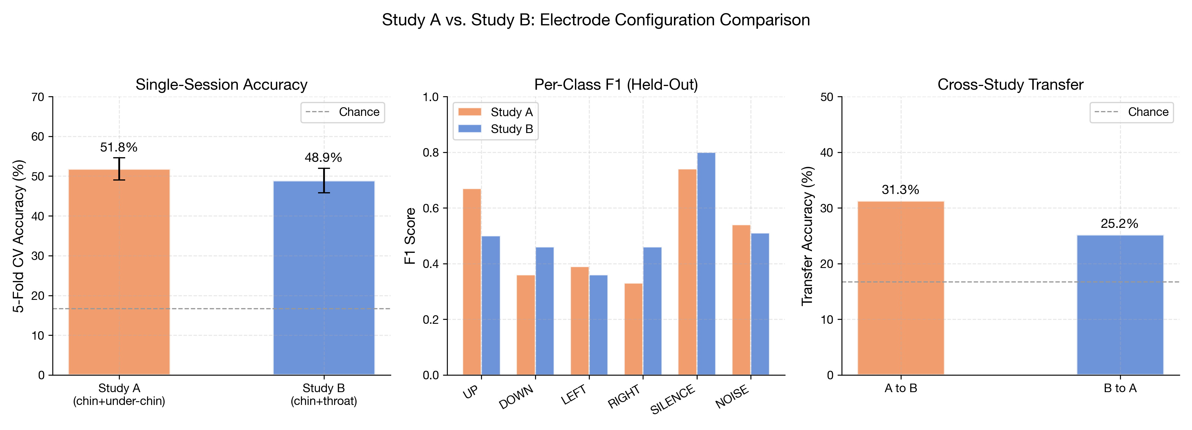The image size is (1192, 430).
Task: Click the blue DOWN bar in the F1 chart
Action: (544, 310)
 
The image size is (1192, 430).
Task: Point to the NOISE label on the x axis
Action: (732, 397)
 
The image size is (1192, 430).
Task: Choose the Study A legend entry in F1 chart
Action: (495, 112)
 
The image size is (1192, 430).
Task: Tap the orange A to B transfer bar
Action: (900, 287)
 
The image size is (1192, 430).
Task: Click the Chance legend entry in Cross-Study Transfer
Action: (1131, 112)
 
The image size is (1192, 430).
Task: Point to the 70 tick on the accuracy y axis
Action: (38, 97)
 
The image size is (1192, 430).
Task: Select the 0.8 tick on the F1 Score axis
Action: (430, 153)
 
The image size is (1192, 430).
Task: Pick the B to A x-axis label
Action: (1119, 388)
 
